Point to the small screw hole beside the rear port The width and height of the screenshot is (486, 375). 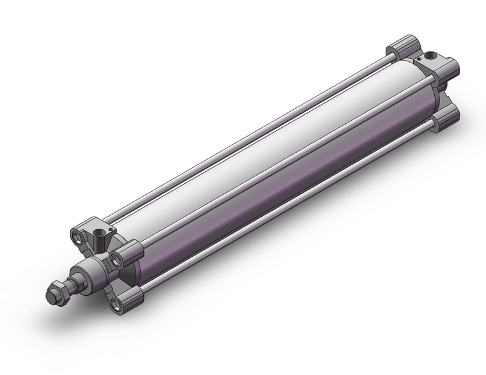point(419,58)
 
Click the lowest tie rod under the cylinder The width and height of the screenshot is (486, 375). point(288,211)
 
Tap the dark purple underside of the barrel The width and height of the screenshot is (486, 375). point(288,192)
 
